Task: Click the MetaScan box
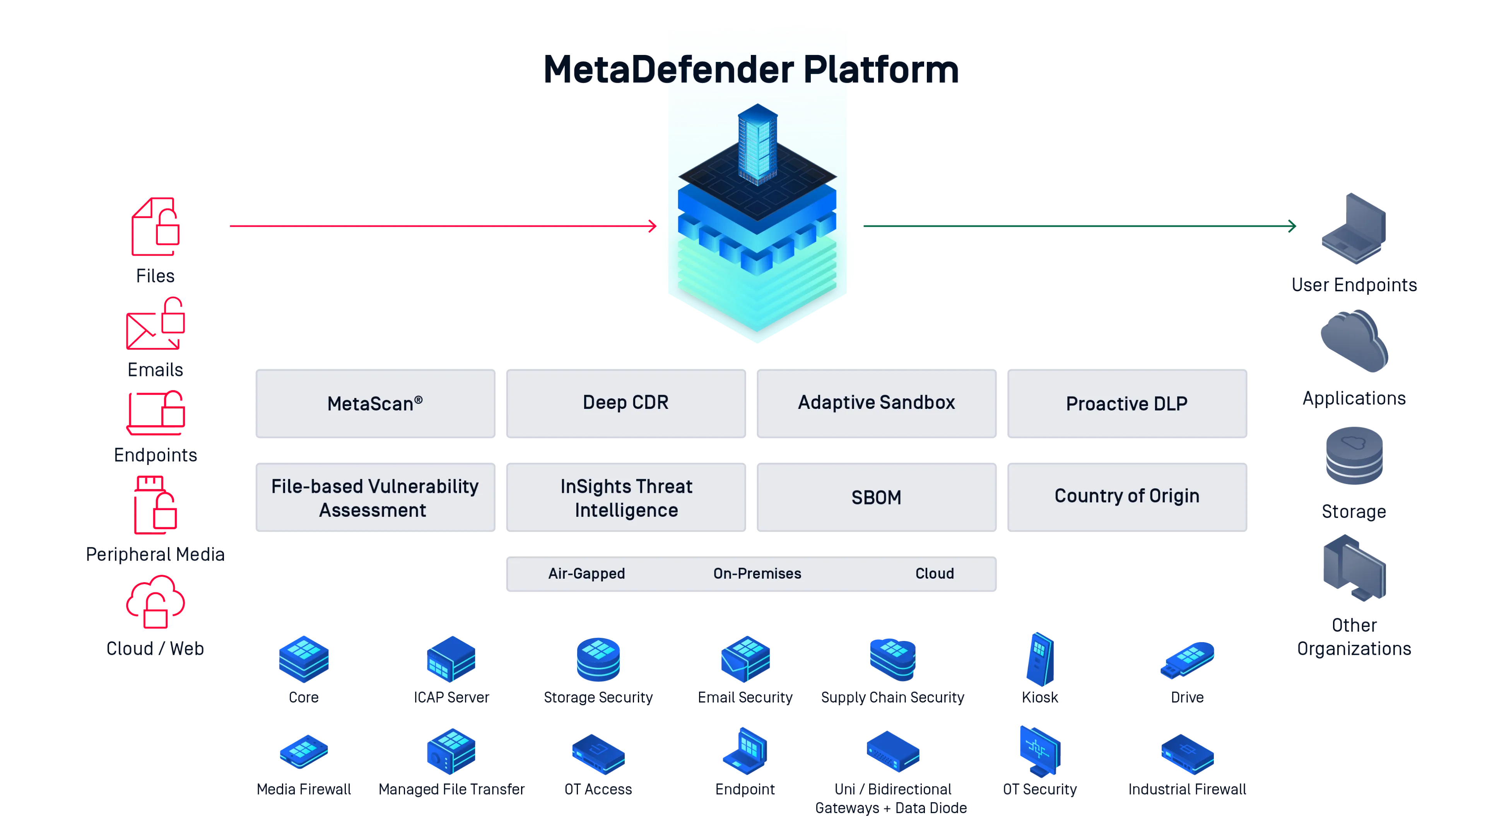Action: [375, 403]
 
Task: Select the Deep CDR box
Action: [626, 403]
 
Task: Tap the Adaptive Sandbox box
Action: [876, 403]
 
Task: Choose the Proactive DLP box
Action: [1127, 403]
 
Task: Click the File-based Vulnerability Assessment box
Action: [375, 497]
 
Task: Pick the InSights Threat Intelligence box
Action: [626, 497]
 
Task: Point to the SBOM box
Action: [876, 497]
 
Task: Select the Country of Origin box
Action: [1127, 497]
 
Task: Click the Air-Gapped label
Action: [586, 573]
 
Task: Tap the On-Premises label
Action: [757, 573]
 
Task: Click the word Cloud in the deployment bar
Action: [934, 573]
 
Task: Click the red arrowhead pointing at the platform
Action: [653, 226]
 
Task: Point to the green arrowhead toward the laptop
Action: [1292, 226]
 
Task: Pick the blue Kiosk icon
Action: [1040, 659]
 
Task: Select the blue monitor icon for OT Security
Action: [1039, 750]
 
